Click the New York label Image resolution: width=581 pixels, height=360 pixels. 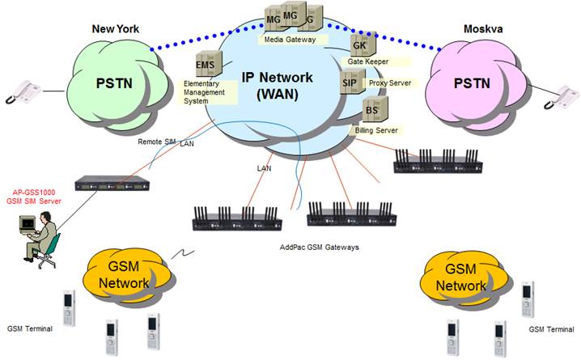click(115, 29)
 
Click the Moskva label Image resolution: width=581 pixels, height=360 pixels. click(483, 29)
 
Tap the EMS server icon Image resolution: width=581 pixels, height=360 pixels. click(204, 64)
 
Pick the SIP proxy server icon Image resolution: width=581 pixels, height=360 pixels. click(350, 82)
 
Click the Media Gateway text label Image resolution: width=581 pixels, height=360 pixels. click(295, 38)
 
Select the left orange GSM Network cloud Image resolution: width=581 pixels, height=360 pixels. click(124, 276)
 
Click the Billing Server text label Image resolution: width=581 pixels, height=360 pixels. click(380, 129)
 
